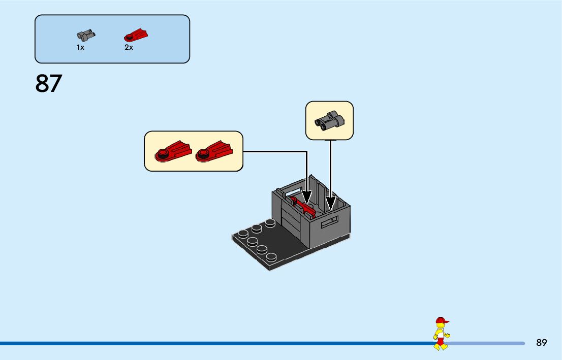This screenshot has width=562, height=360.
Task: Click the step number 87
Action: pyautogui.click(x=49, y=84)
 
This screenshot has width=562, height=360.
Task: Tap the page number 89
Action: pyautogui.click(x=541, y=343)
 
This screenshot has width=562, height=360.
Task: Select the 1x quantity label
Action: pyautogui.click(x=80, y=47)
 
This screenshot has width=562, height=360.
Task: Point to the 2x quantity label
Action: pyautogui.click(x=129, y=47)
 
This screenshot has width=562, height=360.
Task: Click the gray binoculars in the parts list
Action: pyautogui.click(x=86, y=35)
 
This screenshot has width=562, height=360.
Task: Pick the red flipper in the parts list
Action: pyautogui.click(x=136, y=35)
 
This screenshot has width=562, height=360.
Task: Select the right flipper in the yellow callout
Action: pyautogui.click(x=213, y=151)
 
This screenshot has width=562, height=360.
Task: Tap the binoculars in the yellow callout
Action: pyautogui.click(x=329, y=120)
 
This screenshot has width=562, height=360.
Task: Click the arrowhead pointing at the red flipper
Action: pyautogui.click(x=307, y=198)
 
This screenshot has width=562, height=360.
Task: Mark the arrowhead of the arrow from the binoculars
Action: pyautogui.click(x=331, y=204)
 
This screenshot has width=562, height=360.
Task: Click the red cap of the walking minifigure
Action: pyautogui.click(x=441, y=320)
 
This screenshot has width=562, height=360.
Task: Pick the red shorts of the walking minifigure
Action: pyautogui.click(x=440, y=341)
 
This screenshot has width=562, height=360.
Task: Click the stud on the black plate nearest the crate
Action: pyautogui.click(x=270, y=223)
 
